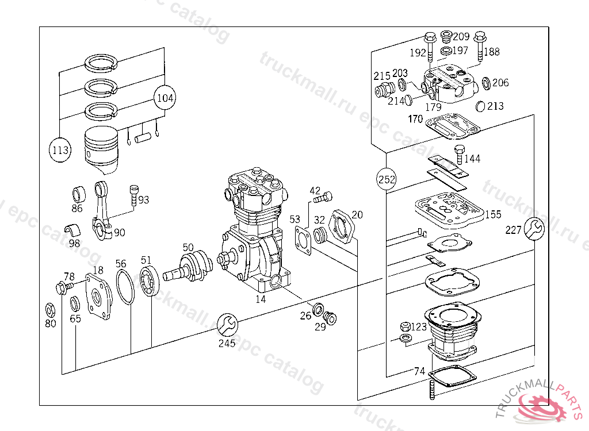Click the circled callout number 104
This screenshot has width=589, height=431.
[165, 98]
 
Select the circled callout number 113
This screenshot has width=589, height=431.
[60, 150]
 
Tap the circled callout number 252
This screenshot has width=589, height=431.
[386, 179]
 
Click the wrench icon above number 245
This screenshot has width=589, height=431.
[227, 324]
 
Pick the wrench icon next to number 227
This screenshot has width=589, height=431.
[534, 228]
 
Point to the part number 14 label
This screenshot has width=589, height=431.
[261, 299]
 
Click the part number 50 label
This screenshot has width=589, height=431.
[188, 248]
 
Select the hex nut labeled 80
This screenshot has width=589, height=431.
[49, 310]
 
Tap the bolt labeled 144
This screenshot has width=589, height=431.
[460, 155]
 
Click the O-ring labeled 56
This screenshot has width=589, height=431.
[125, 287]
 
